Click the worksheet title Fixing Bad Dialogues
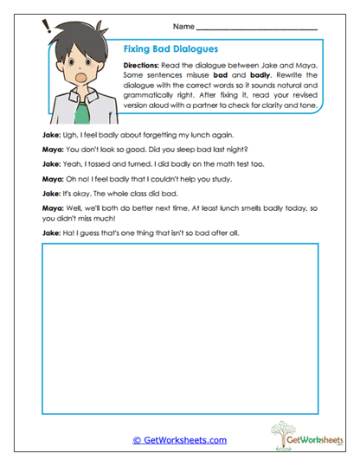pos(170,49)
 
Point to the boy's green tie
pos(80,109)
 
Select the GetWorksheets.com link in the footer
pos(180,440)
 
